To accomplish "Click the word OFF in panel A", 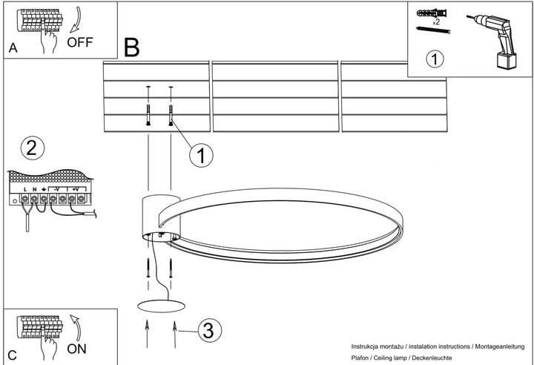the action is coord(80,42).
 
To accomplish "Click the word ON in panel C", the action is coord(76,349).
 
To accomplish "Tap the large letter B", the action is coord(132,47).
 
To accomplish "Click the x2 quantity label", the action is coord(436,22).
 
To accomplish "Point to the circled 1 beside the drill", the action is coord(435,59).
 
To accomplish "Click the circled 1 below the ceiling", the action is coord(201,155).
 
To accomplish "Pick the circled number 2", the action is coord(33,148).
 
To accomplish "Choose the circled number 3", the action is coord(209,330).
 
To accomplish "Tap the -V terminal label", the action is coord(56,188).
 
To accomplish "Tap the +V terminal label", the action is coord(76,188).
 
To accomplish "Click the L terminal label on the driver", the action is coord(25,189).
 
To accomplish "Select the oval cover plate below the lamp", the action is coord(161,306).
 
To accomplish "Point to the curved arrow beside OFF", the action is coord(76,20).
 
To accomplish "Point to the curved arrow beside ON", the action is coord(76,328).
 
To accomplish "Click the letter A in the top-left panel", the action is coord(13,48).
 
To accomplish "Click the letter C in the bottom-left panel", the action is coord(13,355).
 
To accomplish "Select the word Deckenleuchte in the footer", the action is coord(432,358).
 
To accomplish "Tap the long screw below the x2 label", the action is coord(433,30).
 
